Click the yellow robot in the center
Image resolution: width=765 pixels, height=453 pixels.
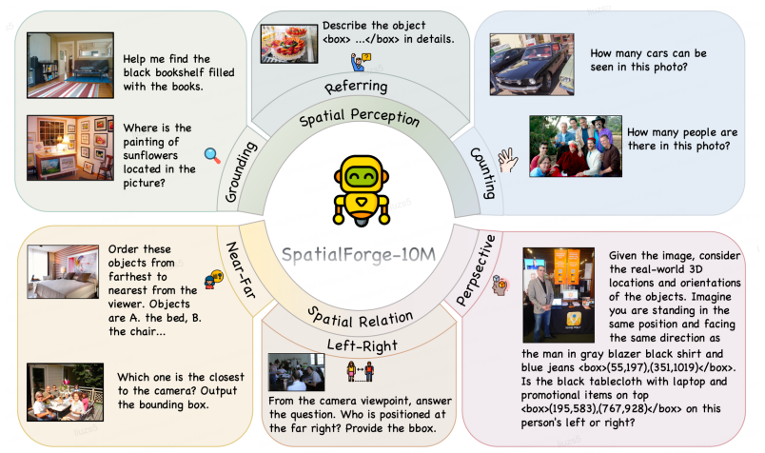[361, 190]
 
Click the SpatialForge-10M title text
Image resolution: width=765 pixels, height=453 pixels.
[359, 255]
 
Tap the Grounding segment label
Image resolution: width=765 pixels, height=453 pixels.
[241, 172]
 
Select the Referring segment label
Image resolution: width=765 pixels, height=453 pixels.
[356, 87]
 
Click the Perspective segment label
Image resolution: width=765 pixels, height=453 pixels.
[476, 270]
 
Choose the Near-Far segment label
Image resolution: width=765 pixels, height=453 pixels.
[241, 270]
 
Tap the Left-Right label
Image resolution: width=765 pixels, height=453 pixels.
[362, 345]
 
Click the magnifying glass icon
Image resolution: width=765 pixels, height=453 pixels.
[212, 155]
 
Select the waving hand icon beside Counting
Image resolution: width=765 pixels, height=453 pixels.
[507, 160]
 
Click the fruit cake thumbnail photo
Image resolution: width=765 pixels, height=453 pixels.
[289, 45]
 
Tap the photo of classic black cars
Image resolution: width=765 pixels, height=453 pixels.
[532, 65]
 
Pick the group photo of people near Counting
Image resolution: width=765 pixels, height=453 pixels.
[576, 146]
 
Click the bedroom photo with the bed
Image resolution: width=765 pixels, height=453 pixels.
[63, 272]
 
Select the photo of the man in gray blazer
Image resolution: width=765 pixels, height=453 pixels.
[559, 295]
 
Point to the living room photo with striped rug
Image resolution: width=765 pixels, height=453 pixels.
[70, 66]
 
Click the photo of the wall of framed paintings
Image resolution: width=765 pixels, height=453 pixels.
[70, 148]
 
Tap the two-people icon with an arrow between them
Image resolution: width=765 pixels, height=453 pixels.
[360, 371]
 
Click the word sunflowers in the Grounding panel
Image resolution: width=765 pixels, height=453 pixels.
[150, 155]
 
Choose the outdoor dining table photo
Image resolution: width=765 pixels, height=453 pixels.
[66, 392]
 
